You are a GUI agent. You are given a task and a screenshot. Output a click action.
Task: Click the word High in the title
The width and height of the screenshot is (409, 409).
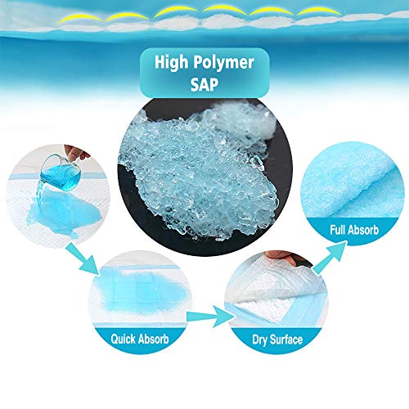[x=171, y=62]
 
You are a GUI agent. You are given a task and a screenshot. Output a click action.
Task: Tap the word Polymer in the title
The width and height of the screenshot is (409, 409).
[x=224, y=63]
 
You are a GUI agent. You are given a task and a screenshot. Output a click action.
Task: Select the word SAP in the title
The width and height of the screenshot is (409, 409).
[x=204, y=84]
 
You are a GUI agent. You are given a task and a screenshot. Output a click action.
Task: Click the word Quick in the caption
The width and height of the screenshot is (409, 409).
[x=123, y=339]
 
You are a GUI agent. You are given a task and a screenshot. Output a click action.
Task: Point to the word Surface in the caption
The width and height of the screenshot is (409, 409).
[x=286, y=339]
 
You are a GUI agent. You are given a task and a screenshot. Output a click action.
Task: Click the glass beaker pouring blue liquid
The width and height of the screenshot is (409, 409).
[x=61, y=172]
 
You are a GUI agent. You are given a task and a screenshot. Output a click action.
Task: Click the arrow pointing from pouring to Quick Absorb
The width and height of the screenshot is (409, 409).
[x=83, y=258]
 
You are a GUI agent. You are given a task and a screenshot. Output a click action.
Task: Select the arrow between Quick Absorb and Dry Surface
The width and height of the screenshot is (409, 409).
[x=210, y=317]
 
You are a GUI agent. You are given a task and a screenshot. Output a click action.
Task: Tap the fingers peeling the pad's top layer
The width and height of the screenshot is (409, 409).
[x=284, y=258]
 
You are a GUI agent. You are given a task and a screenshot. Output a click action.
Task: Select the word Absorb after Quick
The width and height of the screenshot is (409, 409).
[x=154, y=339]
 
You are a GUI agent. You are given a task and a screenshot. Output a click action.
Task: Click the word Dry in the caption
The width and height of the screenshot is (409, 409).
[x=259, y=340]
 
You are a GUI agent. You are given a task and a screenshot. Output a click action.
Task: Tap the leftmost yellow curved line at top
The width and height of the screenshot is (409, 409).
[x=81, y=18]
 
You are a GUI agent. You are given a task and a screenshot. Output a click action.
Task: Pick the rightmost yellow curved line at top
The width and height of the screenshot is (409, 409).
[x=319, y=11]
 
